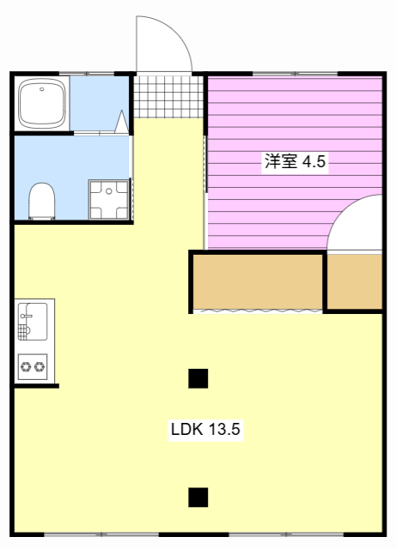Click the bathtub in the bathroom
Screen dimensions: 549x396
tap(41, 103)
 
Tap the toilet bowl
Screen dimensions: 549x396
tap(40, 202)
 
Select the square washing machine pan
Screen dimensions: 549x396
tap(108, 200)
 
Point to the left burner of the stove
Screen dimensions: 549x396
tap(26, 367)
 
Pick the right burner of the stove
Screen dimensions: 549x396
tap(40, 367)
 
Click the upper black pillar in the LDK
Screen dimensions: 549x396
tap(198, 377)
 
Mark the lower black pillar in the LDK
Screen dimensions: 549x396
tap(198, 497)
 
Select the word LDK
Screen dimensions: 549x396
tap(184, 429)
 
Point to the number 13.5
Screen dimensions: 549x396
tap(222, 429)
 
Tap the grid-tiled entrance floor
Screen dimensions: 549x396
tap(168, 97)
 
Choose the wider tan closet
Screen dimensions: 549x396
tap(257, 281)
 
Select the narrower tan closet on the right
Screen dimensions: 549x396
tap(354, 281)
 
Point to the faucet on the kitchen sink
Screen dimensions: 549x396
tap(25, 329)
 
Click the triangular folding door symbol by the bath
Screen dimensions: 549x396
tap(121, 122)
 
